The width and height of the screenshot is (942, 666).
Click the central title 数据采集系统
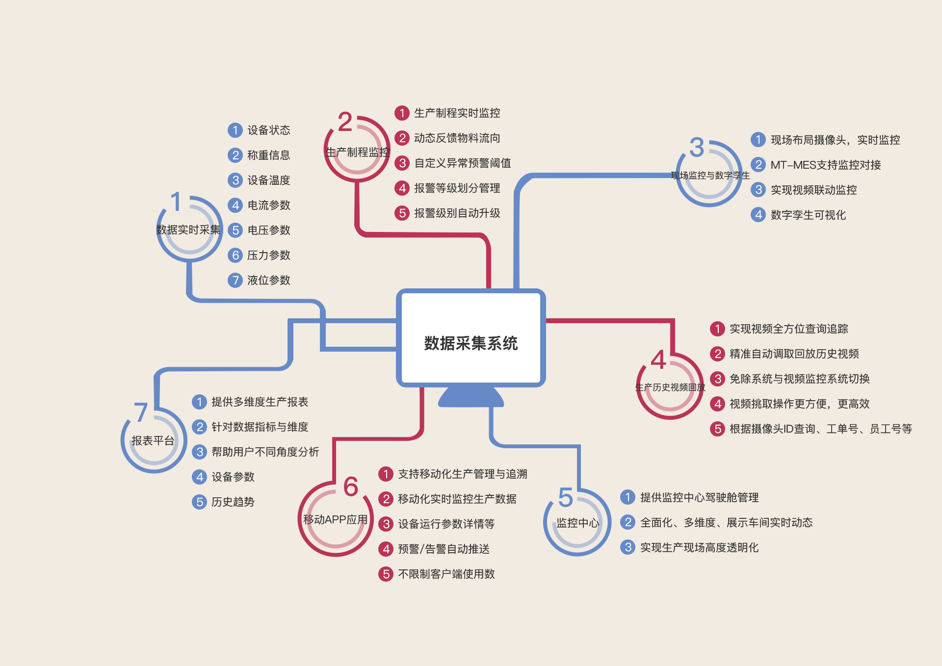point(471,343)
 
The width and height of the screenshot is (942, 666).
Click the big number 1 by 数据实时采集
point(176,202)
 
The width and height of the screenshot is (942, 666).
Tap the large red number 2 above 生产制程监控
point(345,122)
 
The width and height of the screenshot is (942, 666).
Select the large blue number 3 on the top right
point(697,147)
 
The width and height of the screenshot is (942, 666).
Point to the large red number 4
point(658,359)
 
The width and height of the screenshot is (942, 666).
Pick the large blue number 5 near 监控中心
point(566,497)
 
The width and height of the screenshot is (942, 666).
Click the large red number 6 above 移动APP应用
point(351,487)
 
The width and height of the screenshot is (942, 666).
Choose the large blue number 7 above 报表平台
point(141,412)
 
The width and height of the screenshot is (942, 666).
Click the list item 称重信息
point(268,155)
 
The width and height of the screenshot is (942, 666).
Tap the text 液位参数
point(268,280)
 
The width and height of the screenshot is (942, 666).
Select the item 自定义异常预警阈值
point(462,163)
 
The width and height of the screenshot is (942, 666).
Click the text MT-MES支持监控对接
point(825,165)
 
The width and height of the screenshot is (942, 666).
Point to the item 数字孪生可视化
point(808,215)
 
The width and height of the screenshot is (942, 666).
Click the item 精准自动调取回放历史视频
point(794,354)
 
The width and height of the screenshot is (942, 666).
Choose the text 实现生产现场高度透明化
point(699,547)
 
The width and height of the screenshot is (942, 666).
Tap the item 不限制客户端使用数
point(446,574)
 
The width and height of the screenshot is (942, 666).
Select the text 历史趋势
point(233,502)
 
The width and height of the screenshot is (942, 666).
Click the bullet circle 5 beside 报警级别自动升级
point(402,213)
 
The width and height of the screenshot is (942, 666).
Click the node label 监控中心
point(577,523)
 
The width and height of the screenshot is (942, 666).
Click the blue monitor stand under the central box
point(471,397)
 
